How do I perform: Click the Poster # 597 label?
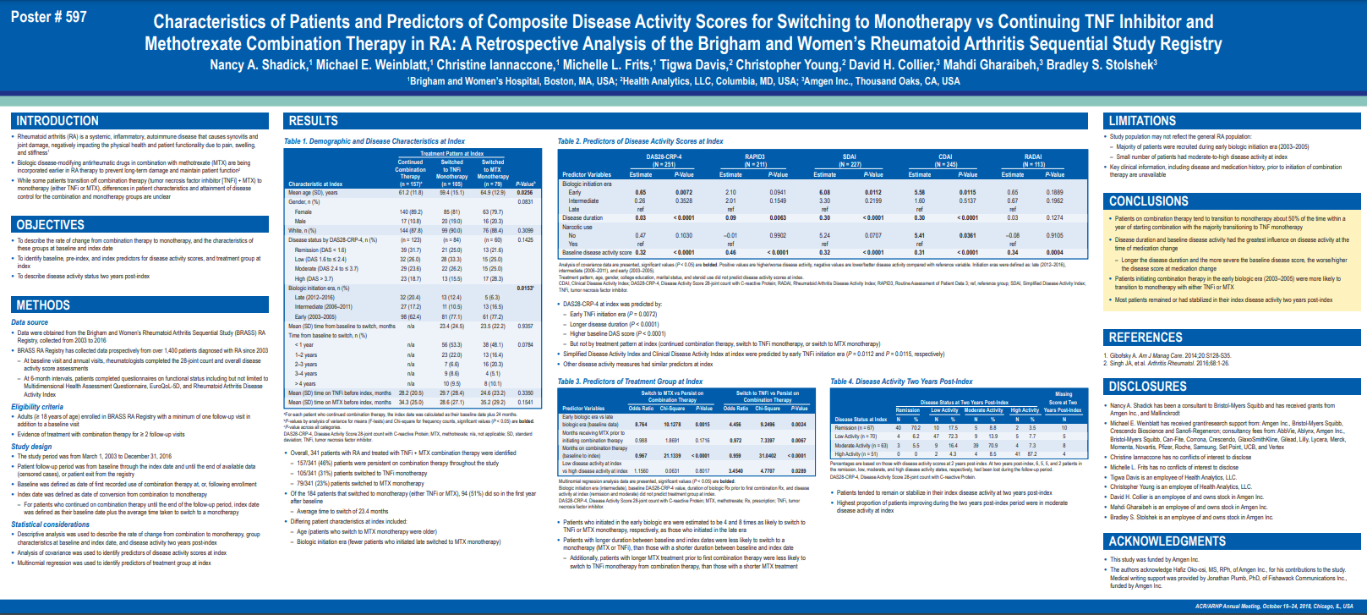(48, 17)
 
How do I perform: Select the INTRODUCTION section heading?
(57, 121)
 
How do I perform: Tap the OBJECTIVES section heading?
(51, 225)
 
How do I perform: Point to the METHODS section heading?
(43, 305)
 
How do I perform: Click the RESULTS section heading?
(314, 121)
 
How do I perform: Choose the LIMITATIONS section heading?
(1142, 121)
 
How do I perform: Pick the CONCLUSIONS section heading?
(1148, 201)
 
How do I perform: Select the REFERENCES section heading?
(1146, 338)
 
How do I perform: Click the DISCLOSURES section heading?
(1147, 387)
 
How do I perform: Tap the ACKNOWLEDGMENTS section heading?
(1167, 541)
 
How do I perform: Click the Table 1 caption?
(374, 141)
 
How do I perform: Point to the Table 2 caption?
(640, 141)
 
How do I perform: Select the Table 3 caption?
(630, 382)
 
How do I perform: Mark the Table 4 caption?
(901, 382)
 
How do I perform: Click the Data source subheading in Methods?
(30, 322)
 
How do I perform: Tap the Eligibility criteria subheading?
(37, 407)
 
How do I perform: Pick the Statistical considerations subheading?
(50, 524)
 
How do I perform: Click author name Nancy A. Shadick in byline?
(259, 65)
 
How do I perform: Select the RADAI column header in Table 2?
(1033, 157)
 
